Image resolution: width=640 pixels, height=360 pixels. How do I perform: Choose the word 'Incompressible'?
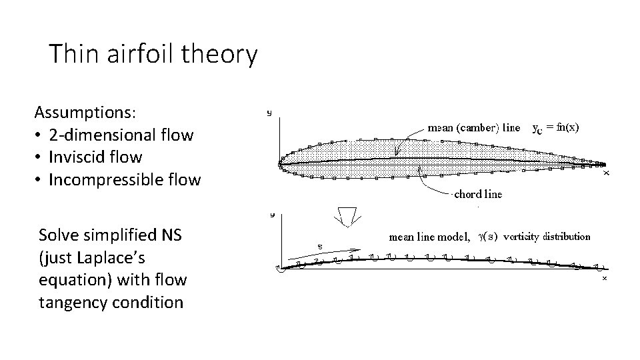(x=107, y=180)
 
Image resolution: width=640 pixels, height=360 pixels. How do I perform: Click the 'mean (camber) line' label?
(x=473, y=128)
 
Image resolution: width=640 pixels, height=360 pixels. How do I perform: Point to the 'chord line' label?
(x=478, y=194)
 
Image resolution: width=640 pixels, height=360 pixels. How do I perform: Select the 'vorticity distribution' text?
(x=547, y=236)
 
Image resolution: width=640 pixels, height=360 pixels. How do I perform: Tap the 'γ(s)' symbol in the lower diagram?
(x=487, y=236)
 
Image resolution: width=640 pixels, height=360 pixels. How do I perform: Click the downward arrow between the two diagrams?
(x=347, y=217)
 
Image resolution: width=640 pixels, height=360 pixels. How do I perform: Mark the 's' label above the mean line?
(x=319, y=247)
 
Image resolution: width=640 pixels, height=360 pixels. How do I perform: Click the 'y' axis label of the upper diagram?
(x=269, y=113)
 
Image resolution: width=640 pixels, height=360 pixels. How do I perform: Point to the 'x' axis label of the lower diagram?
(x=605, y=278)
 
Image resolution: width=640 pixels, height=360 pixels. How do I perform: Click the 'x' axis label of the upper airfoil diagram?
(x=606, y=173)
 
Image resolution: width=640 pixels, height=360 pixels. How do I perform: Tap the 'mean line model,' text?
(x=430, y=236)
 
